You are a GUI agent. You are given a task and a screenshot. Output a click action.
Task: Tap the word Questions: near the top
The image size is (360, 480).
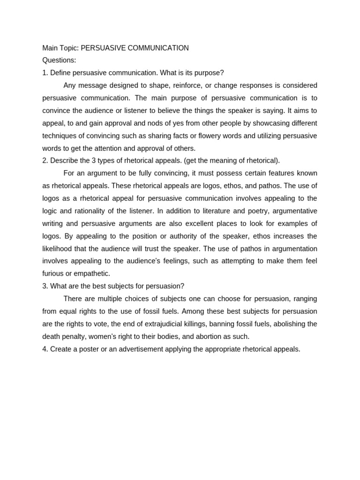coord(59,60)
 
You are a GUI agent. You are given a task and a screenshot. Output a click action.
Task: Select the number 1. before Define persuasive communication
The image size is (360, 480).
coord(45,73)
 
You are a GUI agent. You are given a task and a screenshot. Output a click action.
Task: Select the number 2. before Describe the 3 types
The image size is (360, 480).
coord(45,161)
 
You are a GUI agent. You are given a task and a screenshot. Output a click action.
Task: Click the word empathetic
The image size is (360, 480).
coord(92,274)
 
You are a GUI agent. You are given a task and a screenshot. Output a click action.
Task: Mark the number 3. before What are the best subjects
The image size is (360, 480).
coord(45,286)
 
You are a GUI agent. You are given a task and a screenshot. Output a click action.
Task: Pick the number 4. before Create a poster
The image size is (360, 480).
coord(45,349)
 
